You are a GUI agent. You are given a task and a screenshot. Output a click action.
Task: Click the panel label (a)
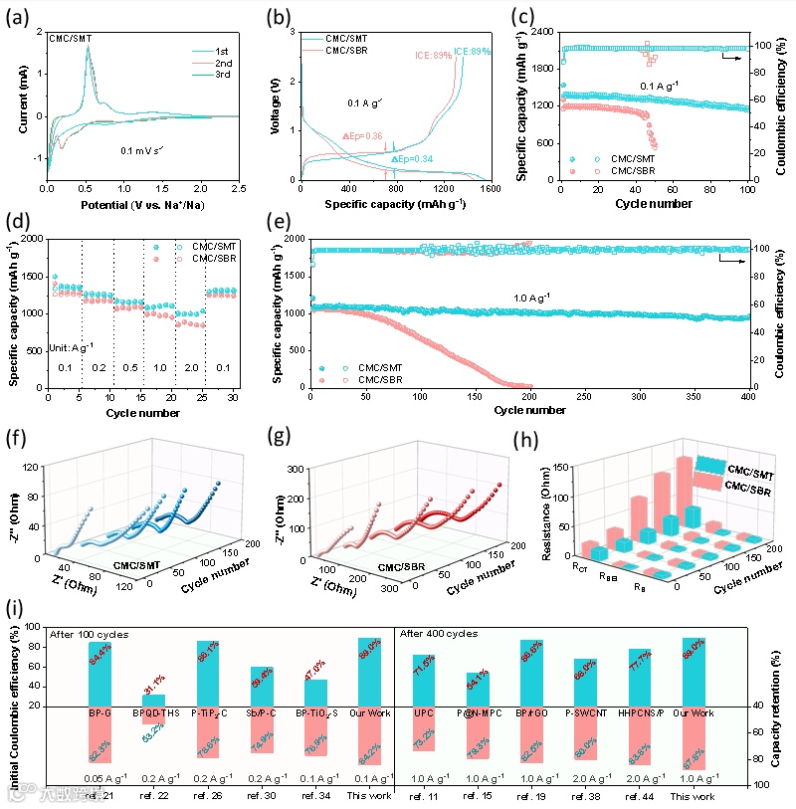click(17, 17)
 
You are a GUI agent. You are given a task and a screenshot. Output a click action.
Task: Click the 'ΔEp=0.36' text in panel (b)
click(362, 136)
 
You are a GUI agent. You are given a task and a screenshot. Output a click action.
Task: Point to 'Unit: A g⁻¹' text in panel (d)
click(73, 349)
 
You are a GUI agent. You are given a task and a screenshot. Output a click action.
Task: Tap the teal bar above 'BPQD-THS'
click(146, 701)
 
